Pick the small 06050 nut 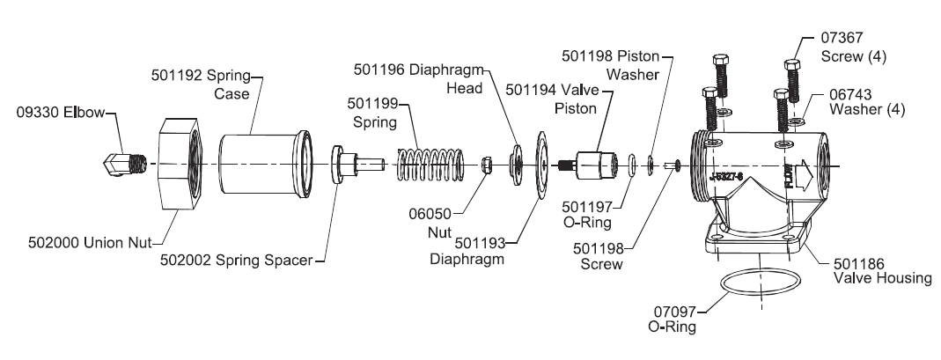click(x=485, y=165)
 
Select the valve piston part click(x=590, y=165)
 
